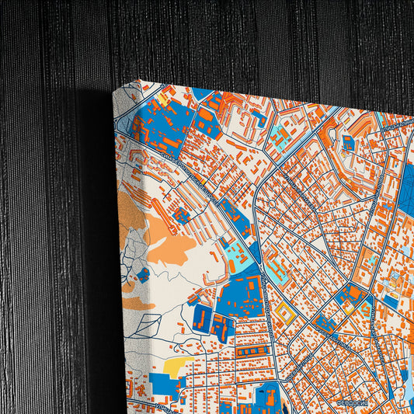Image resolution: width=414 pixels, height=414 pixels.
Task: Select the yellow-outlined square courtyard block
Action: click(x=285, y=313)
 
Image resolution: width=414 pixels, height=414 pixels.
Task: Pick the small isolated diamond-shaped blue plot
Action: click(x=143, y=274)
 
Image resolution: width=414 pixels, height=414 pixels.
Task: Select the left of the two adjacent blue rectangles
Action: click(x=200, y=317)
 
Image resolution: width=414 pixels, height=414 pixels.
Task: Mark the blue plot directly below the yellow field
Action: click(x=165, y=384)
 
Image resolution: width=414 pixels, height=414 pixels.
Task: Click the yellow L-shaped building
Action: click(x=353, y=303)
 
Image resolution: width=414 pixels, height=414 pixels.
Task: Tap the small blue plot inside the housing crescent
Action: click(x=349, y=142)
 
